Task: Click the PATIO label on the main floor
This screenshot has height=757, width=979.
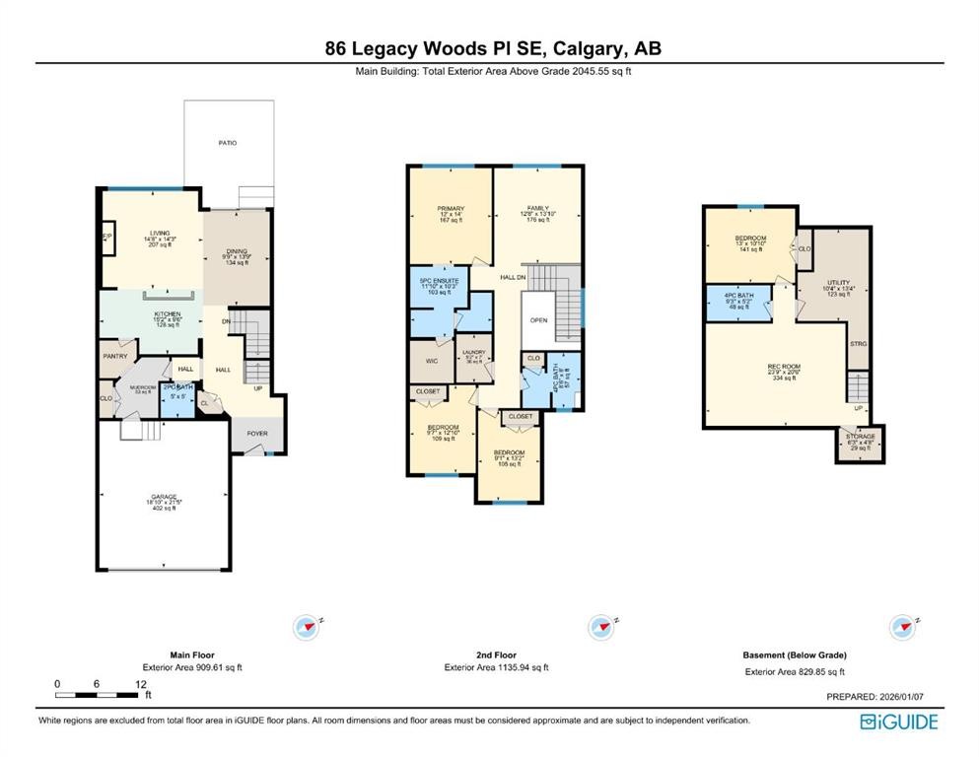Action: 228,143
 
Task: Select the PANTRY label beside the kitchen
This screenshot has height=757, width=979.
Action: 115,356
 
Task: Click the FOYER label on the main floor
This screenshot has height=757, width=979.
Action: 256,432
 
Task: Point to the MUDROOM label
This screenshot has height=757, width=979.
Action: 129,387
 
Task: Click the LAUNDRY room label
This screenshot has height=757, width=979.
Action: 474,350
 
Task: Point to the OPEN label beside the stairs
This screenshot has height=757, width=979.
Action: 538,320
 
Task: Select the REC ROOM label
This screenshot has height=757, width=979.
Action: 784,367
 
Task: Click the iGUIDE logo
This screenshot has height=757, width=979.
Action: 898,721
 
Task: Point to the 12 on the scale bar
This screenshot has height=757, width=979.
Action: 141,682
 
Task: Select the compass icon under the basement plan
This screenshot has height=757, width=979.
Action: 901,626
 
